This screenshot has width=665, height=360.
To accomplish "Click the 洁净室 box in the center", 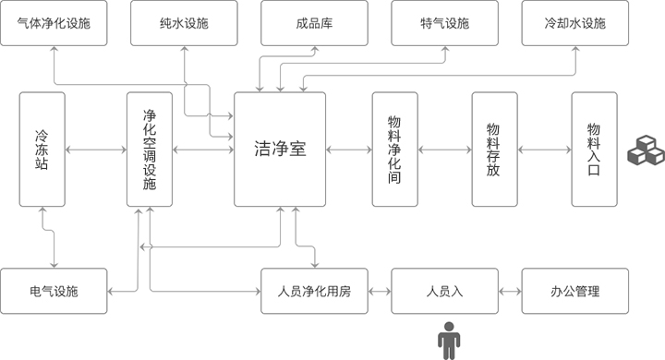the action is click(280, 150).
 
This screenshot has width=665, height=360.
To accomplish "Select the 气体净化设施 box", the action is click(54, 23).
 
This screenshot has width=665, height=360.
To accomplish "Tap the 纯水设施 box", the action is click(184, 23).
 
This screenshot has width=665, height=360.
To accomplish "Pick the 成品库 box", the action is click(314, 23).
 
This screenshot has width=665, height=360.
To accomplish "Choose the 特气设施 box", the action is click(444, 23).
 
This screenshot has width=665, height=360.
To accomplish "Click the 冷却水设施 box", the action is click(575, 23).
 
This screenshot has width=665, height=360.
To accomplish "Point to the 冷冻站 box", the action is click(42, 150).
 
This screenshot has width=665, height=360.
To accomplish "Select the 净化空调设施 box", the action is click(150, 150).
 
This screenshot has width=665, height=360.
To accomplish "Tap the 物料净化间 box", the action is click(395, 150).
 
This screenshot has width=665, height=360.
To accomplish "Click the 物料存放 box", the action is click(494, 150).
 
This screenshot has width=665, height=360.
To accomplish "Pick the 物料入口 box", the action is click(594, 150).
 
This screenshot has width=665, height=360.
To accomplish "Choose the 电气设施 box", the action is click(54, 291).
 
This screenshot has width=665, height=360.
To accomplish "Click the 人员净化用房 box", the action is click(314, 291).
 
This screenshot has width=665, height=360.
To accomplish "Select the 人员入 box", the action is click(444, 291).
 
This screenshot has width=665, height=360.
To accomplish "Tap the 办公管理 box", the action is click(575, 291).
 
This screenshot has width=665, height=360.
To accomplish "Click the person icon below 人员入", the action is click(449, 342).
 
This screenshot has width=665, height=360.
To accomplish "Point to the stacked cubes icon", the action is click(646, 150).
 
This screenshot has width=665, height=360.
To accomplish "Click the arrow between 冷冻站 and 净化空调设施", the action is click(96, 150).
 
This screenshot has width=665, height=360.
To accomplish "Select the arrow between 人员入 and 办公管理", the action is click(510, 292).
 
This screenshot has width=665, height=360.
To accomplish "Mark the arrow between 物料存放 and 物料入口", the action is click(545, 150).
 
